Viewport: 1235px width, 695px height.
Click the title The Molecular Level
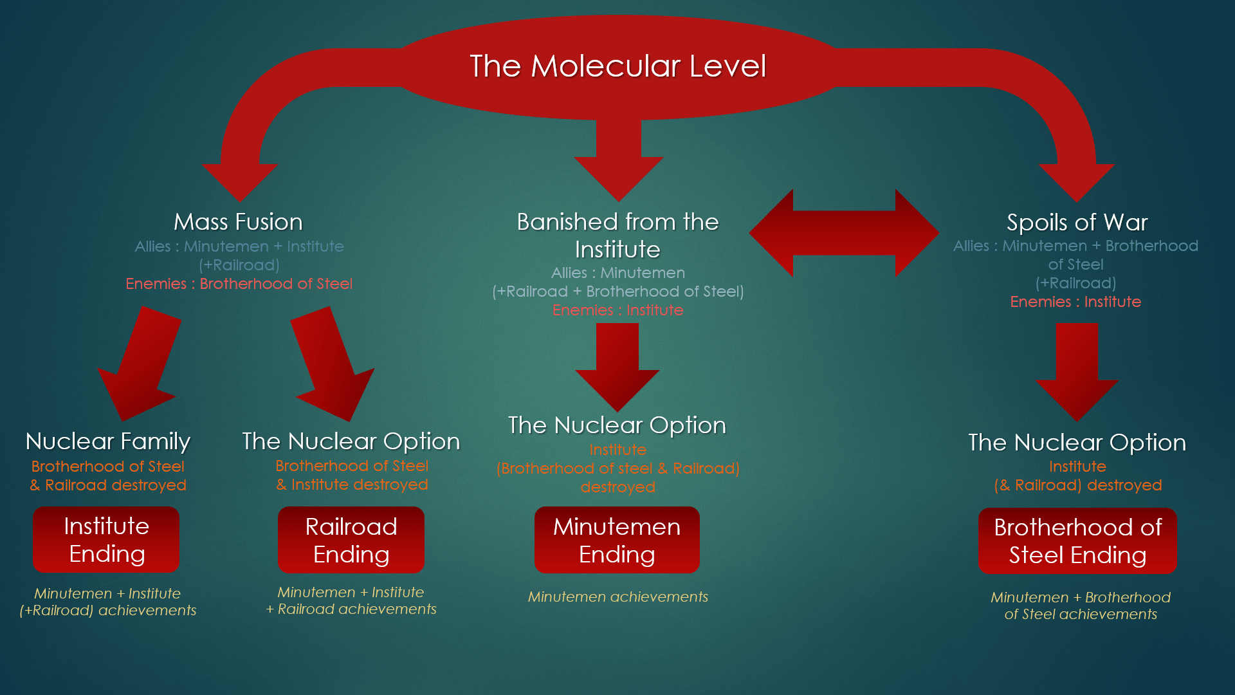point(617,66)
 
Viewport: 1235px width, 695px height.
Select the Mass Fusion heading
point(238,222)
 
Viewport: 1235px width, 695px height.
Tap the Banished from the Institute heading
point(617,235)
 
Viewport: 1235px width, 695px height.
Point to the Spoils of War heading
point(1077,223)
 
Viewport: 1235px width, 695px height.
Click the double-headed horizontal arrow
point(844,233)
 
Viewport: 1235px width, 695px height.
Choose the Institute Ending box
point(106,540)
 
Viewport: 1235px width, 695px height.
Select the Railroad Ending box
point(351,541)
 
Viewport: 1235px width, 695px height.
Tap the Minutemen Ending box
point(617,541)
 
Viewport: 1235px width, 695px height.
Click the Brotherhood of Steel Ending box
point(1077,541)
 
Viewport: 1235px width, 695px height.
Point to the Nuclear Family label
point(108,441)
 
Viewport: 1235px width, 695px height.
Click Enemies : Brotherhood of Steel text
point(239,284)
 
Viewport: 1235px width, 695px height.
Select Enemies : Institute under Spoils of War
point(1075,302)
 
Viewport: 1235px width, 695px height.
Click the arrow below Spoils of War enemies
point(1077,370)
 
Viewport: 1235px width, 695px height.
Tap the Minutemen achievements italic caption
point(617,597)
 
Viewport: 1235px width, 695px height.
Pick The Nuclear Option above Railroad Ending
point(351,441)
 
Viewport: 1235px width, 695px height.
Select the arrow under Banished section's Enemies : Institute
point(617,366)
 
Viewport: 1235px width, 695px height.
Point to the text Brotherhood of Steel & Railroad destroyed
point(108,476)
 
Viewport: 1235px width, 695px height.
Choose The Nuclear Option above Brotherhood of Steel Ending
point(1077,443)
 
